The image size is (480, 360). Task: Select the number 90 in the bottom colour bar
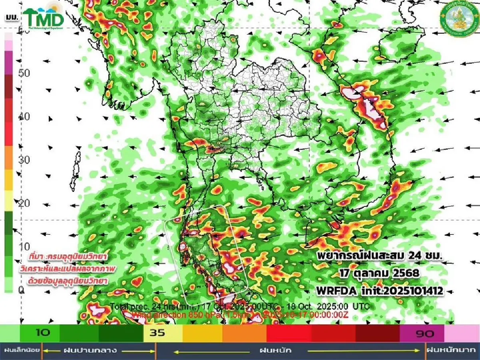[x=425, y=333]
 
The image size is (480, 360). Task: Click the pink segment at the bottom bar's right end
[x=462, y=333]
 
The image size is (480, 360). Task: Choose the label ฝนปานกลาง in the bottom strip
[x=90, y=350]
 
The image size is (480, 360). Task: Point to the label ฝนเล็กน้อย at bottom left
[x=21, y=350]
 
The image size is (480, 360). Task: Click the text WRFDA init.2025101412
[x=380, y=291]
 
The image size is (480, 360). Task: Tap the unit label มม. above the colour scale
[x=10, y=17]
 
